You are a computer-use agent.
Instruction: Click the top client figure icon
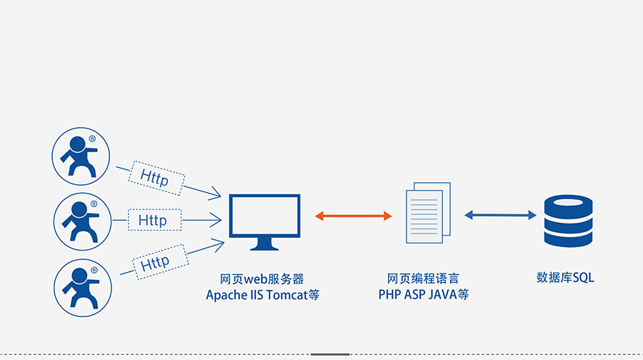click(81, 156)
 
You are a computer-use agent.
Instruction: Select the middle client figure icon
click(81, 220)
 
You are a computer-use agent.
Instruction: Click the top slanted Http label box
click(156, 176)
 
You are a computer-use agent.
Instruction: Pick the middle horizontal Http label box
click(153, 220)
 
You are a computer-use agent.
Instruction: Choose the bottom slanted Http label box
click(156, 262)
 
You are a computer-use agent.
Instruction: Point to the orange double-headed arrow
click(354, 215)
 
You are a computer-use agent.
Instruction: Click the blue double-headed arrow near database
click(500, 214)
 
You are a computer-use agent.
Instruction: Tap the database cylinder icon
click(568, 222)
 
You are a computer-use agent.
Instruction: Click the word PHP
click(391, 294)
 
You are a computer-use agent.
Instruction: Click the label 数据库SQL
click(565, 277)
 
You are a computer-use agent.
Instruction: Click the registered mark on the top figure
click(92, 138)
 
